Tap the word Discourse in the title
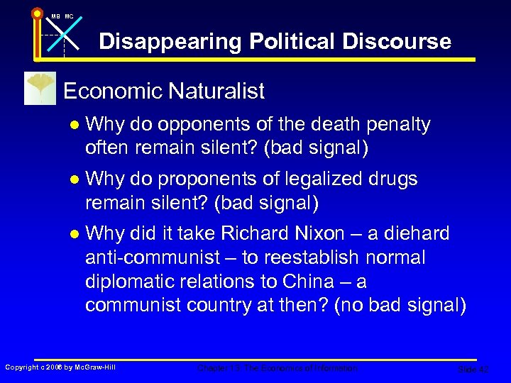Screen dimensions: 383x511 (397, 42)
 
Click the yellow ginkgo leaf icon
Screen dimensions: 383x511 (39, 88)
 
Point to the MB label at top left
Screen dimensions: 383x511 (55, 16)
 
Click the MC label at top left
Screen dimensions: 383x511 (69, 16)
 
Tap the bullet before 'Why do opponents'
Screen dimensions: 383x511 (75, 126)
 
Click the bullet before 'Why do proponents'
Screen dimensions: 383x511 (75, 180)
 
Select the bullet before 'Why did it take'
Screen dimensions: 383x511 (75, 233)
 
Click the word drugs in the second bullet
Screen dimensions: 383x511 (392, 179)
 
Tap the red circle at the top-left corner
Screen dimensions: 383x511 (37, 12)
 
